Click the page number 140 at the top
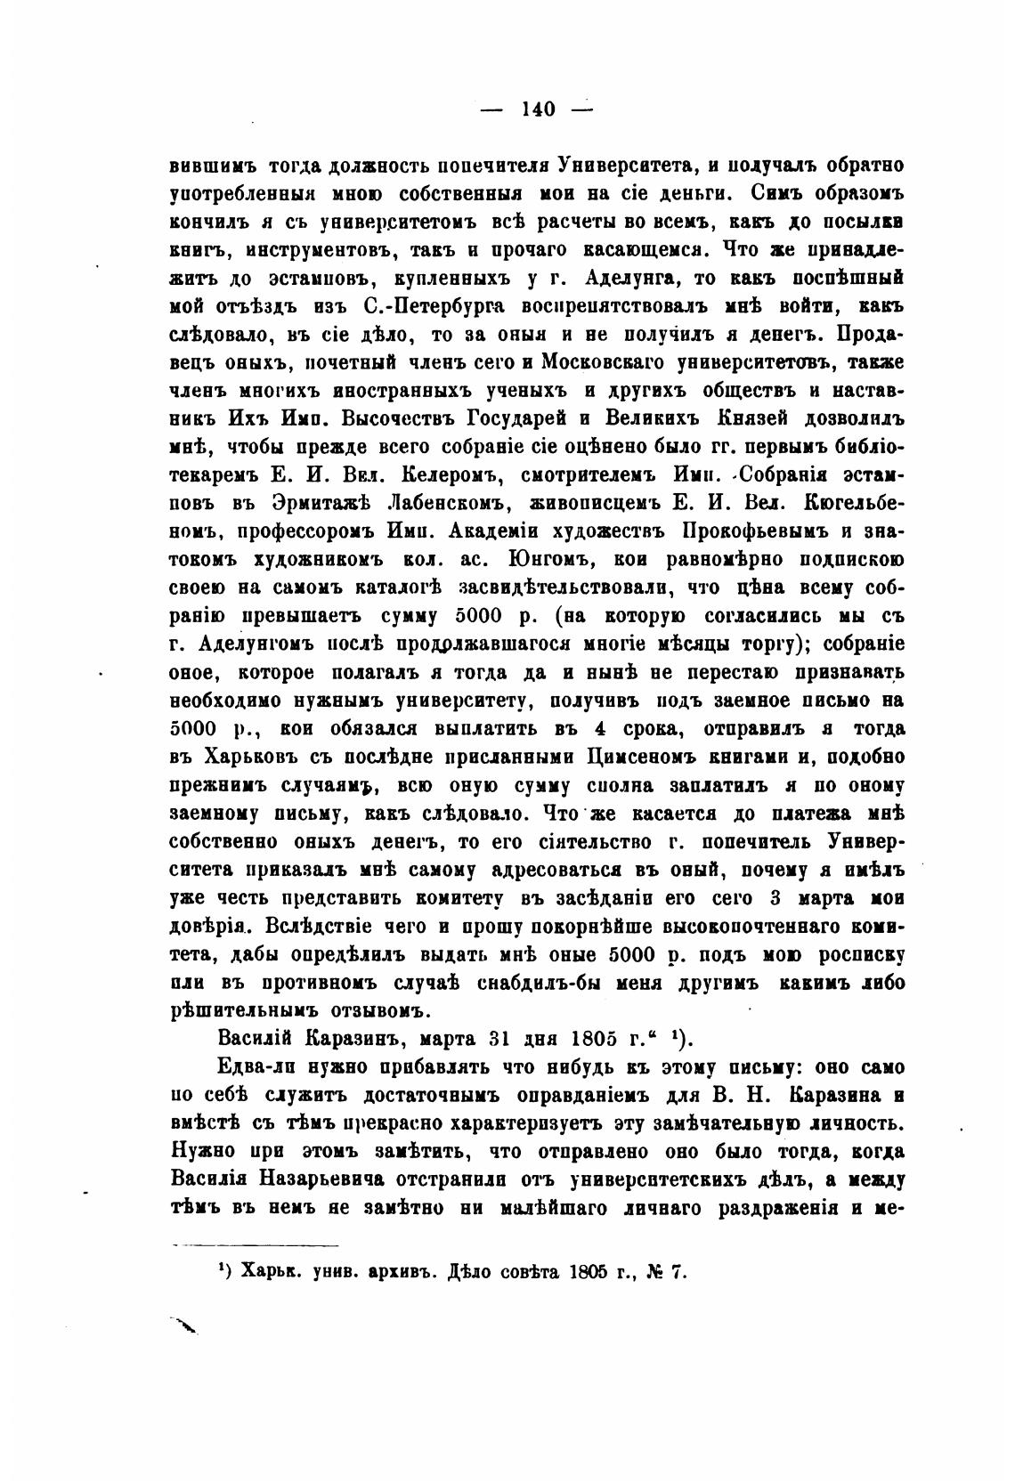click(538, 109)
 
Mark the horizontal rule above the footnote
click(256, 1245)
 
